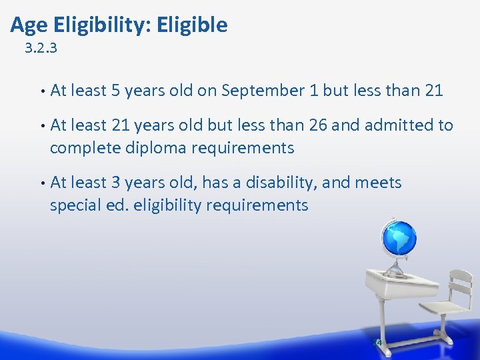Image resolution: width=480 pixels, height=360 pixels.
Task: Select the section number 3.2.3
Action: coord(41,48)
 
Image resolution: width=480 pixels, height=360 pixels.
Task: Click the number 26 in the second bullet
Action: coord(317,125)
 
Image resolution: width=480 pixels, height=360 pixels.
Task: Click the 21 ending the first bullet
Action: coord(433,90)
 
